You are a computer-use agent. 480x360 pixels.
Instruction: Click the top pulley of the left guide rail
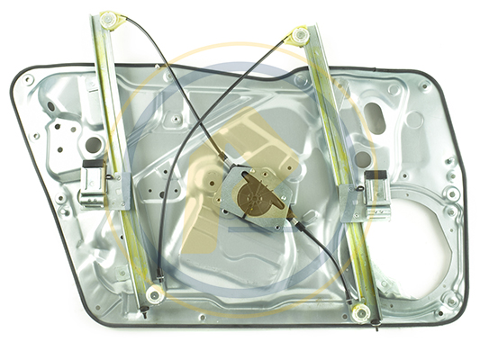[x=110, y=19]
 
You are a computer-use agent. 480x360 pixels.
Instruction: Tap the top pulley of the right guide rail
[x=300, y=36]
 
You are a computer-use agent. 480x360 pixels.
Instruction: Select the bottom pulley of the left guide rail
[x=155, y=294]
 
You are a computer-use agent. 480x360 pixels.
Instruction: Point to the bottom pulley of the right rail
[x=361, y=312]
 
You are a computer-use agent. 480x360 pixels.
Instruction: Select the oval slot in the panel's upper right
[x=374, y=115]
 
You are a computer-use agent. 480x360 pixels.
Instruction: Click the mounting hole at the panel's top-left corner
[x=30, y=80]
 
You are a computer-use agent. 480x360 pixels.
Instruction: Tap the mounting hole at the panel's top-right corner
[x=422, y=86]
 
